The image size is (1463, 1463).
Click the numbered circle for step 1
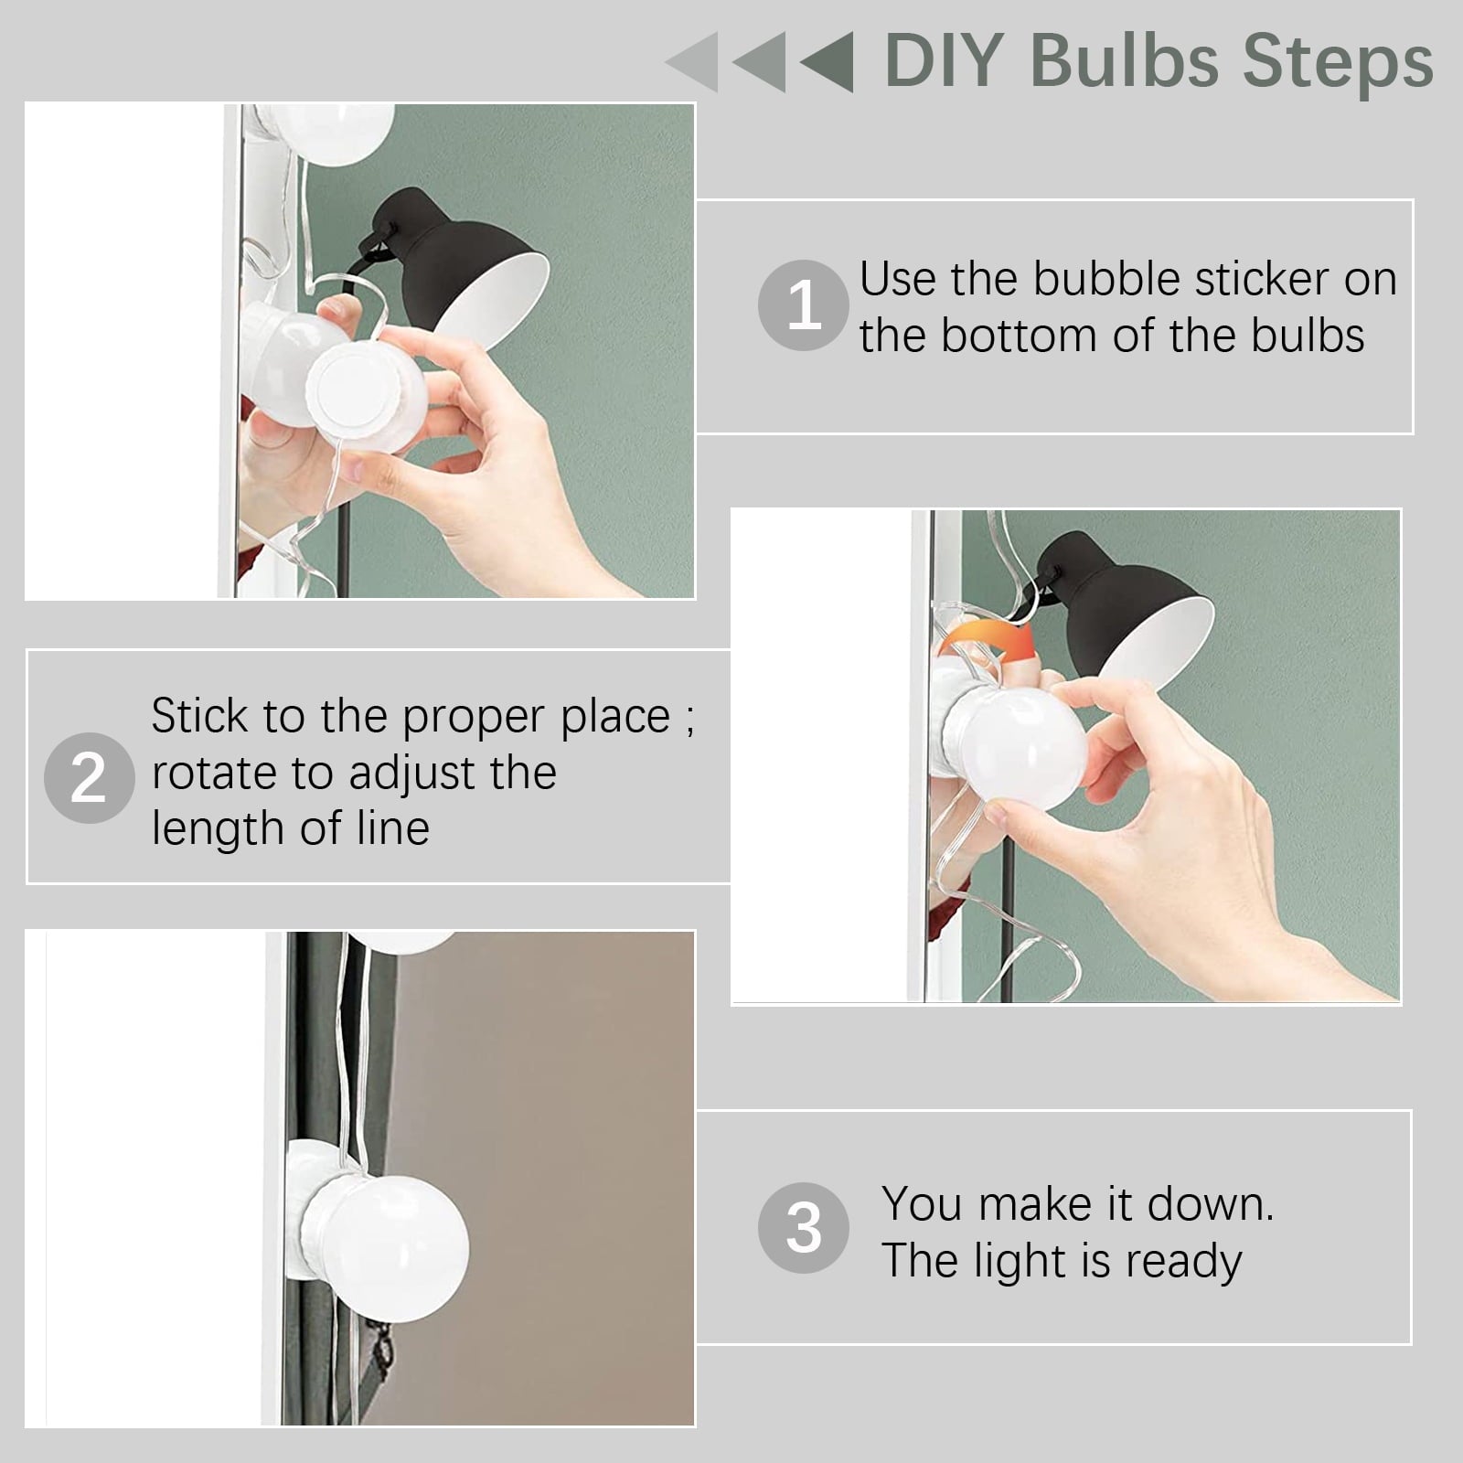tap(804, 304)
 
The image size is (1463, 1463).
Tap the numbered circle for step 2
tap(90, 778)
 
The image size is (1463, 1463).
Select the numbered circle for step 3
tap(804, 1228)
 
